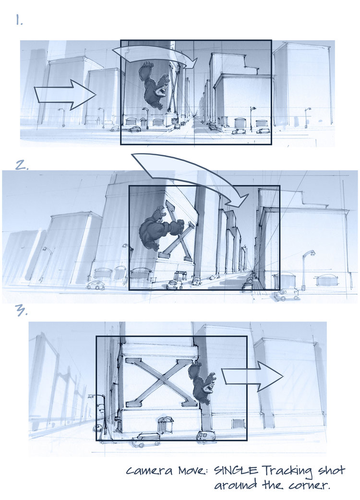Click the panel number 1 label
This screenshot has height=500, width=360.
coord(19,21)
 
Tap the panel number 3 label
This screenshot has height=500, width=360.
coord(21,310)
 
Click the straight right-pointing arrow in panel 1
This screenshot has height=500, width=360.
coord(65,95)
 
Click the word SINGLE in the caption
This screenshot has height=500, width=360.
coord(236,470)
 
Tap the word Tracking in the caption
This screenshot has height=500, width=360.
coord(288,471)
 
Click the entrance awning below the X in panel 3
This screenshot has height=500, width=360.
coord(164,425)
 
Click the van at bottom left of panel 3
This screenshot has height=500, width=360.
coord(146,439)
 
